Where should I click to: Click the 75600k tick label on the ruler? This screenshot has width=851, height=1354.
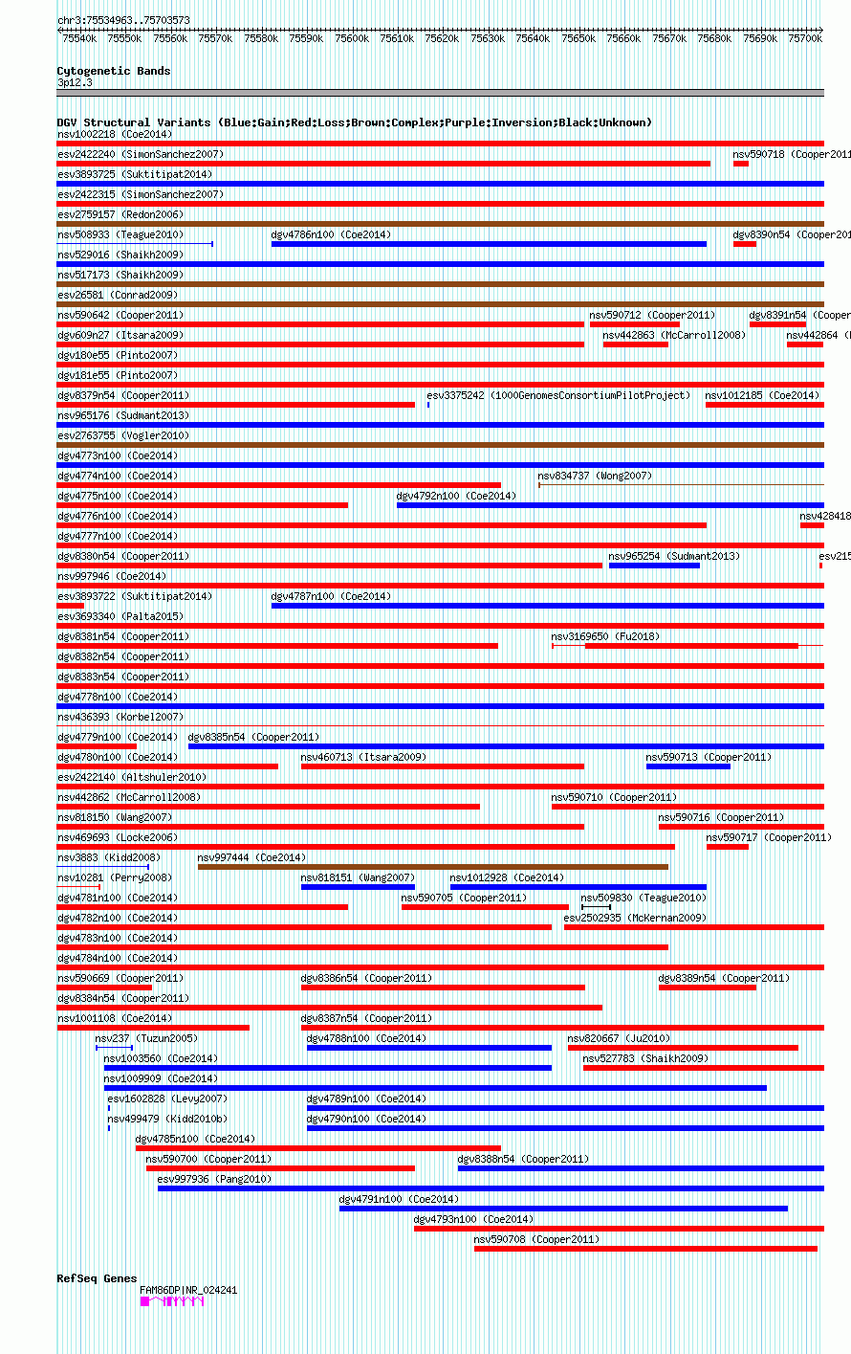[x=352, y=38]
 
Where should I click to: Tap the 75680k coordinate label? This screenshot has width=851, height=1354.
[x=715, y=38]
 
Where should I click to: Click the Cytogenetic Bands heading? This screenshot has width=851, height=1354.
[x=113, y=71]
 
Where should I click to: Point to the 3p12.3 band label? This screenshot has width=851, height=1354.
[x=75, y=82]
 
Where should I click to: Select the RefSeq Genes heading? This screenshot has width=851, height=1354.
[x=97, y=1278]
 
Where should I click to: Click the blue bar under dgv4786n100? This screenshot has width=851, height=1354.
[x=489, y=244]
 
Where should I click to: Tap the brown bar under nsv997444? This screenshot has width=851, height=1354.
[x=432, y=867]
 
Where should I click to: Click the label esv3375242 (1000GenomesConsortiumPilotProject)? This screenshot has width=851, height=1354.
[x=558, y=395]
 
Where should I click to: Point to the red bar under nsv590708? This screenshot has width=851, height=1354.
[x=645, y=1249]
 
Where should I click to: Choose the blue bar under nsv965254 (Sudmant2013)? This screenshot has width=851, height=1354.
[x=654, y=566]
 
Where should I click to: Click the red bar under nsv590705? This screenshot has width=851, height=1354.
[x=485, y=907]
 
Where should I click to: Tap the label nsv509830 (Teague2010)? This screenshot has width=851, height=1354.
[x=644, y=898]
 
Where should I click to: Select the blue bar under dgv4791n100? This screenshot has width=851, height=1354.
[x=563, y=1209]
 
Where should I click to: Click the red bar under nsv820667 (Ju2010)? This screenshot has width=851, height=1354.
[x=683, y=1048]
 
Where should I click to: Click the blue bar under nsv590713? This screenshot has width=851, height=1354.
[x=687, y=766]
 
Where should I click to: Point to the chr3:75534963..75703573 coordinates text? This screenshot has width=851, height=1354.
[x=123, y=20]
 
